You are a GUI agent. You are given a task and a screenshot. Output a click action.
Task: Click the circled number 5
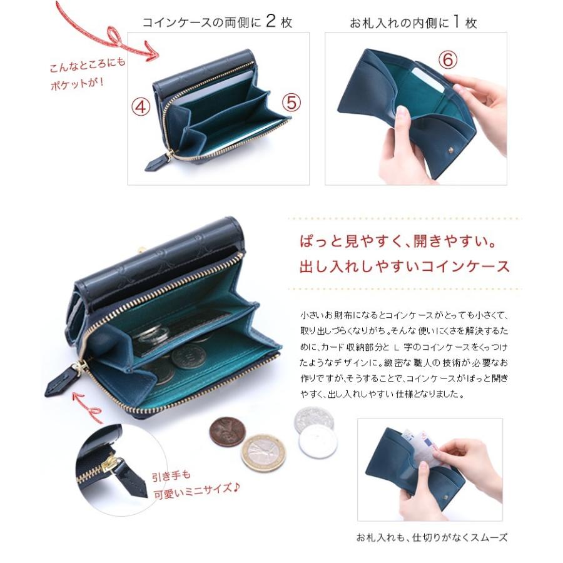point(290,101)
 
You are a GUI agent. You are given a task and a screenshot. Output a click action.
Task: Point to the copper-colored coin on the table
point(227,432)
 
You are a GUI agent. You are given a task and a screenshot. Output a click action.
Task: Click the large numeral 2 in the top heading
point(271,22)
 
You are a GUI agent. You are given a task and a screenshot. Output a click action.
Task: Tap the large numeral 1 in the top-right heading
point(456,22)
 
